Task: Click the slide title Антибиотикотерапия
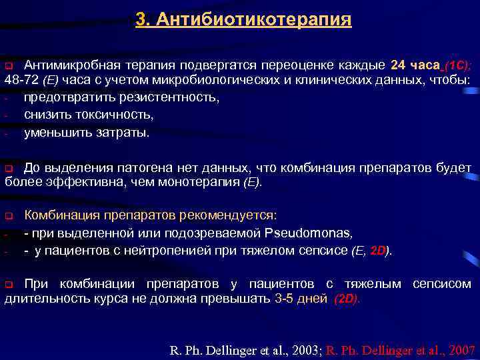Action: point(243,19)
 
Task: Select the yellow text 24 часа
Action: point(414,65)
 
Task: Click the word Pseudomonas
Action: point(307,233)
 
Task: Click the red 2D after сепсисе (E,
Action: point(379,251)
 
